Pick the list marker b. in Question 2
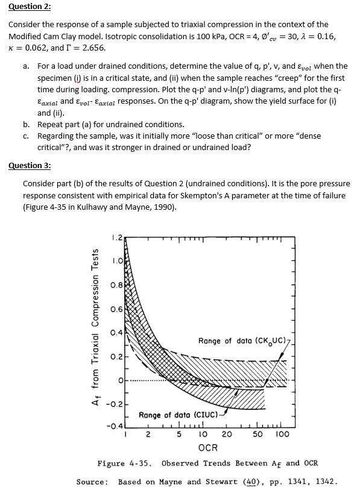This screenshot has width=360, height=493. click(27, 125)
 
